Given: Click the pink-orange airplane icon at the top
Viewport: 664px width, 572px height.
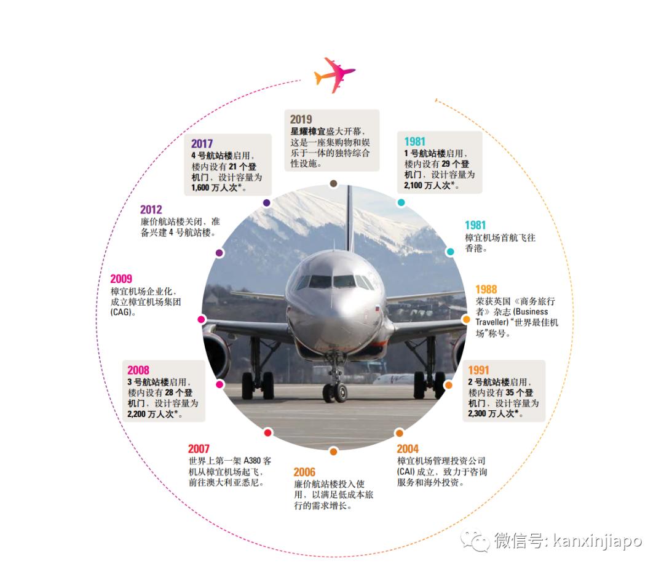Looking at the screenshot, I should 334,74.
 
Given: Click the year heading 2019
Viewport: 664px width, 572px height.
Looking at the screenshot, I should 301,119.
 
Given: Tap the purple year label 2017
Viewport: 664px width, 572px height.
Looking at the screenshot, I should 202,144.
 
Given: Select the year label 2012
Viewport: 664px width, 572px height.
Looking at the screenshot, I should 151,210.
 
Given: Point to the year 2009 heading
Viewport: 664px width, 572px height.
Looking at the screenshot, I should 121,279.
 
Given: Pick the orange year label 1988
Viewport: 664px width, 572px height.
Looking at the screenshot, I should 486,289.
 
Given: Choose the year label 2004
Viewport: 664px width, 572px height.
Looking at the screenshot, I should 408,449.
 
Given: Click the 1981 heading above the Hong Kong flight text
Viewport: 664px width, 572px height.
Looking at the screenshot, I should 475,225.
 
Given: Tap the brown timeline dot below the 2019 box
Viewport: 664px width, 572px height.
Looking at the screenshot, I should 333,183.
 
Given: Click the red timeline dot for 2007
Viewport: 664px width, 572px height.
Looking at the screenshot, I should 267,432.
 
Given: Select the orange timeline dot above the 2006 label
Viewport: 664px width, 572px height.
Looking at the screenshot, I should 333,451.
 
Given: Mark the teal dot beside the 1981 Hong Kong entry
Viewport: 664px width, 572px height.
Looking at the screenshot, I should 450,252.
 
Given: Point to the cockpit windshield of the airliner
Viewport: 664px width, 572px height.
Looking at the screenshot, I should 333,282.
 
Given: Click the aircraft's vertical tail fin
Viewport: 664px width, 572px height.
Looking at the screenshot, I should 349,215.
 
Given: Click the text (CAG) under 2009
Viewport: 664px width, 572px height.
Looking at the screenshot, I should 123,312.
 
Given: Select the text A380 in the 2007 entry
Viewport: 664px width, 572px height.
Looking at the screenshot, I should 253,461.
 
